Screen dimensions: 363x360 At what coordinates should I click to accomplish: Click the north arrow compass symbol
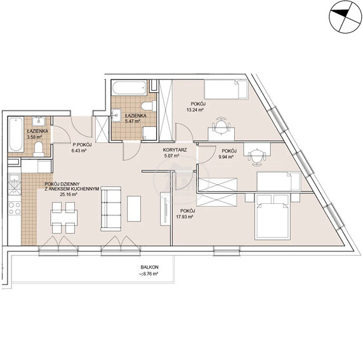point(345,17)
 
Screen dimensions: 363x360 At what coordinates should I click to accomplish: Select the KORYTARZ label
point(175,150)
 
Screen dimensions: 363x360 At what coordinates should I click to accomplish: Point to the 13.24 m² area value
point(195,110)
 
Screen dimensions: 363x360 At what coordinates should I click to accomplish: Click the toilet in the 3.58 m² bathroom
point(39,149)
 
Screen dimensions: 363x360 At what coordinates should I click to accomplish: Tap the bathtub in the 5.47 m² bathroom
point(129,88)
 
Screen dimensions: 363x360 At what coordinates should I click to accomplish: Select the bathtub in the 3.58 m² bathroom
point(16,135)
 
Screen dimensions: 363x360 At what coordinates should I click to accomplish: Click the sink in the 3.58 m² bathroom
point(39,121)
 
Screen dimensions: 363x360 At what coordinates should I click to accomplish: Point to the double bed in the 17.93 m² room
point(272,217)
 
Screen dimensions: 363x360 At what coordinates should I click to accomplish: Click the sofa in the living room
point(111,209)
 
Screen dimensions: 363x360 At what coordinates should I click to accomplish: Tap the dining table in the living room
point(64,218)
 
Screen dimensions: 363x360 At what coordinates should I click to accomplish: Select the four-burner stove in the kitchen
point(15,208)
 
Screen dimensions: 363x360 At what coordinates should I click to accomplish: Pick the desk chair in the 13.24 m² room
point(221,125)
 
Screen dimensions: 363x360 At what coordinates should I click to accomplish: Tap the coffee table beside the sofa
point(134,209)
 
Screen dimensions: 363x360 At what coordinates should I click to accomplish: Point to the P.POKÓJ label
point(82,145)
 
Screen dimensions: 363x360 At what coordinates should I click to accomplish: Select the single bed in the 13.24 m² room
point(226,90)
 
